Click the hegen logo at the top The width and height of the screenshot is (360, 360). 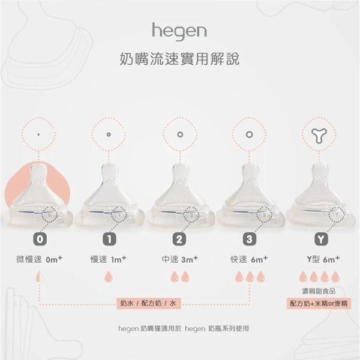[x=179, y=29]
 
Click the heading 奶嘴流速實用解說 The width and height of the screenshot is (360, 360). [x=179, y=61]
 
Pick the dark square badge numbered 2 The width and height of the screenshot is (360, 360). [x=179, y=238]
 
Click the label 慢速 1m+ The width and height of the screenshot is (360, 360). [x=109, y=260]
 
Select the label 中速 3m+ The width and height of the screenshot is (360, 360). [x=179, y=260]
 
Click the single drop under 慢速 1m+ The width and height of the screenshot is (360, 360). [x=109, y=277]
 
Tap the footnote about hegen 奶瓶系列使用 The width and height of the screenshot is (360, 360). [x=179, y=329]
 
